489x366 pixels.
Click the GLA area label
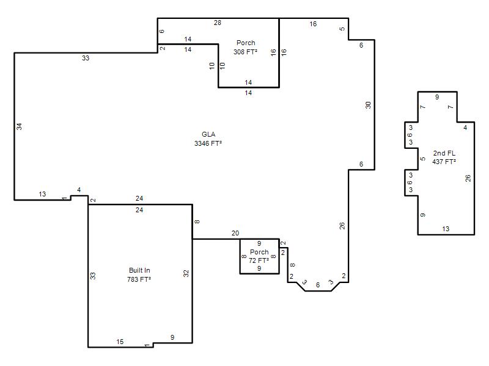(x=208, y=134)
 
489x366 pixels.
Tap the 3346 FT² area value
(x=208, y=143)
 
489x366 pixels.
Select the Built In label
(x=139, y=270)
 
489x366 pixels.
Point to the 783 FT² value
(x=139, y=279)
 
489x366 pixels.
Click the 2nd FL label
(x=444, y=153)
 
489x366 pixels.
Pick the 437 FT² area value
(x=444, y=162)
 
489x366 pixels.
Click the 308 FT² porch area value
(x=246, y=52)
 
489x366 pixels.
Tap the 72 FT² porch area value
(x=259, y=260)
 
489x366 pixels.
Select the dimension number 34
(x=20, y=127)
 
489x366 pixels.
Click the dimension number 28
(x=218, y=23)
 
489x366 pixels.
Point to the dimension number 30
(x=369, y=105)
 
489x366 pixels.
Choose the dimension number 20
(x=235, y=233)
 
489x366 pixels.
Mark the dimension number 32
(x=186, y=273)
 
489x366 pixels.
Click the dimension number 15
(x=120, y=342)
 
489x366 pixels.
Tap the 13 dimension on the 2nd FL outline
(x=446, y=229)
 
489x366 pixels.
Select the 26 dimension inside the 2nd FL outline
(x=468, y=178)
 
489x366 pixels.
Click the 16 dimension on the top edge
(x=313, y=24)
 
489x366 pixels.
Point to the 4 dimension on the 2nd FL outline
(x=465, y=127)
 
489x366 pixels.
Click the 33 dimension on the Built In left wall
(x=93, y=276)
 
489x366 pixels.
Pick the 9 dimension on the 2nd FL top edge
(x=437, y=97)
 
